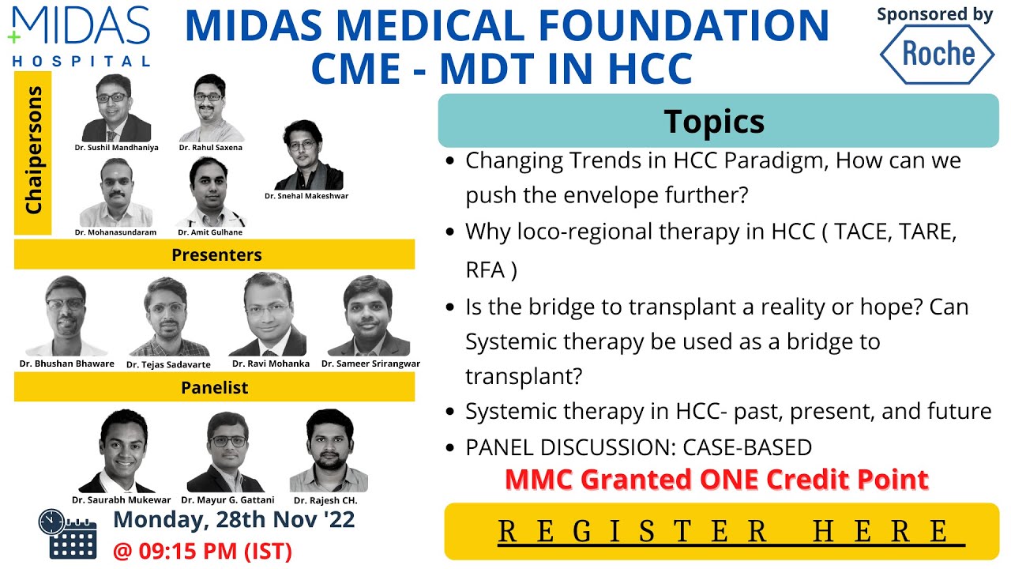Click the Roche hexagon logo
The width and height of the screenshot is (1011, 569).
938,54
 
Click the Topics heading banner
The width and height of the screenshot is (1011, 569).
714,121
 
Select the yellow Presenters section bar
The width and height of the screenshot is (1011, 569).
215,254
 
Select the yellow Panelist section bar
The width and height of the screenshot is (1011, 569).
215,387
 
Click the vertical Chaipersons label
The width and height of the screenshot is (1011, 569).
33,153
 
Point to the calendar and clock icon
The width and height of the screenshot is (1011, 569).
67,533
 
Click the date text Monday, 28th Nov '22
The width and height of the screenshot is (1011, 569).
234,519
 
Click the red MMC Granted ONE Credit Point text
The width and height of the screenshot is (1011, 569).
716,480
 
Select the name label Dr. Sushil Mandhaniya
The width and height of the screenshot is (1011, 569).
116,148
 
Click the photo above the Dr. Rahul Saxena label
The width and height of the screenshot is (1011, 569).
209,107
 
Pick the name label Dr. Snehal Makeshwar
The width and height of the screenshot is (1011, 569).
306,196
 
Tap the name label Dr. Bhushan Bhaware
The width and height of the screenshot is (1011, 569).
66,364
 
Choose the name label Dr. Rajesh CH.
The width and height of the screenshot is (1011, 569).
325,501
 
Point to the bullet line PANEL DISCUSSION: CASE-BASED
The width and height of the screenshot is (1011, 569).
638,447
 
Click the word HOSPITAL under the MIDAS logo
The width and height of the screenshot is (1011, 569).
81,61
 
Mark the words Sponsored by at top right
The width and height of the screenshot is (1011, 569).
935,14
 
